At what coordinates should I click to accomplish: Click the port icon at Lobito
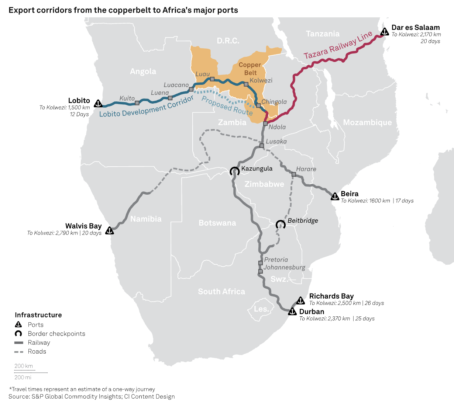(98, 104)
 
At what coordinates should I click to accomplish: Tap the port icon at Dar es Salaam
(385, 32)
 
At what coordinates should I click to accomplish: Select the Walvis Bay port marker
(109, 230)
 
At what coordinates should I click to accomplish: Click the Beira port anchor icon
(335, 197)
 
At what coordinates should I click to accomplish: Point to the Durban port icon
(292, 312)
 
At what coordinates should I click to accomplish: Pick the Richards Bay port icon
(300, 300)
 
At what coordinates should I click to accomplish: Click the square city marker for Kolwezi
(246, 84)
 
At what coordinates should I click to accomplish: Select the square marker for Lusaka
(261, 146)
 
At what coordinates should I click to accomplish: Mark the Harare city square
(294, 174)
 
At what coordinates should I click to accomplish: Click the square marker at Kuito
(137, 103)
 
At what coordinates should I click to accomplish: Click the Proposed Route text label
(227, 106)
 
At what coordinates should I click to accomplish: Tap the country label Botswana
(217, 223)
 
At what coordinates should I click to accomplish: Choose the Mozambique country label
(367, 122)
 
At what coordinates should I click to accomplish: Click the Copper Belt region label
(250, 69)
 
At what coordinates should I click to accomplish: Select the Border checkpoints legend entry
(56, 334)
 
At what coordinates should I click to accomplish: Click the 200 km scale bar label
(24, 366)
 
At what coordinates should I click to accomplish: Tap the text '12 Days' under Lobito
(79, 114)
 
